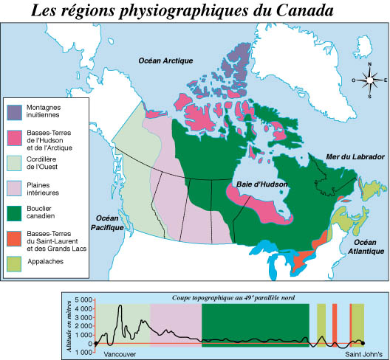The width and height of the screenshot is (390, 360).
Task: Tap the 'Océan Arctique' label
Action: (x=162, y=60)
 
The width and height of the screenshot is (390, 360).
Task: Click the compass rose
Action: (x=369, y=80)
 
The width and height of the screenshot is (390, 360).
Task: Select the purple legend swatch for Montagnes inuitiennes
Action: (x=15, y=111)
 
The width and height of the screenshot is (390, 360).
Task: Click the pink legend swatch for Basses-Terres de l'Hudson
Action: (x=15, y=136)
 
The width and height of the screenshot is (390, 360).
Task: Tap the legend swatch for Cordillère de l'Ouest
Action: (x=15, y=162)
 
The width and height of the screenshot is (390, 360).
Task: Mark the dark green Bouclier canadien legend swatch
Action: (x=15, y=212)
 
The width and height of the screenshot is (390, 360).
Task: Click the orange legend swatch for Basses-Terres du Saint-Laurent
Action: (x=15, y=238)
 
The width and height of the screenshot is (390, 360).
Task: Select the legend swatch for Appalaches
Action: (x=15, y=260)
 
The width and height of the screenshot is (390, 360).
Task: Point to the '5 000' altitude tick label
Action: (x=83, y=300)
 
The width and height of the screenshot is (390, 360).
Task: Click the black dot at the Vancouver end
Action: (x=96, y=344)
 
